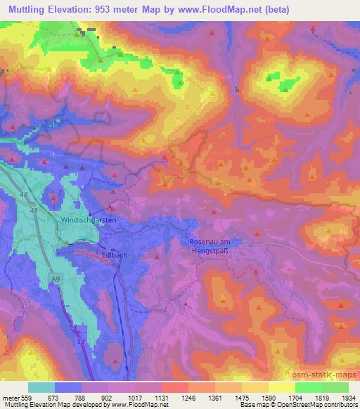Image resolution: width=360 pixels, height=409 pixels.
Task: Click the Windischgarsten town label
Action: pos(108,221)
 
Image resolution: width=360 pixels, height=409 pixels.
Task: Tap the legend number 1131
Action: pos(162,398)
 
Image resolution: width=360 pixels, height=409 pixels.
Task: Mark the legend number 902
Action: pos(108,398)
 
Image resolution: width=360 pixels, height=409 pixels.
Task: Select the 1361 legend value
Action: pos(214,398)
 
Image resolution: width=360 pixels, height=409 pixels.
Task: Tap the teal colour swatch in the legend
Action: pos(41,387)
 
